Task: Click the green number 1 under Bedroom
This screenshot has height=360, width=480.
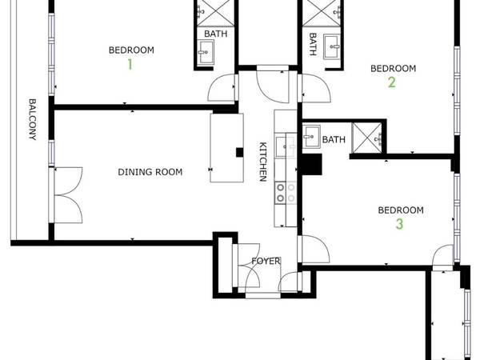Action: click(x=129, y=64)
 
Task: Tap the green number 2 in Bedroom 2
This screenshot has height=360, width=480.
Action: click(x=391, y=82)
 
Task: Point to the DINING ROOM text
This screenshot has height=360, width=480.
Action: click(x=150, y=172)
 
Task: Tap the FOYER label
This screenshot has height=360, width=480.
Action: click(x=265, y=262)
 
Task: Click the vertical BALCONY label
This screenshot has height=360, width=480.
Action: click(x=33, y=120)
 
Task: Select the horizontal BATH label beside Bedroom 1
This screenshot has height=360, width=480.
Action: click(x=214, y=34)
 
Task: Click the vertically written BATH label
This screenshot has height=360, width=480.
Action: click(x=312, y=42)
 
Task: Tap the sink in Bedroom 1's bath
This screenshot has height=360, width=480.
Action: click(x=206, y=54)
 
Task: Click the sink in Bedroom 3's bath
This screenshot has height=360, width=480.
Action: click(x=311, y=135)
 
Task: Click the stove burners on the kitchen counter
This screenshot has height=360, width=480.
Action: click(x=286, y=193)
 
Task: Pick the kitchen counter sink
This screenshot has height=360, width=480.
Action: click(x=284, y=146)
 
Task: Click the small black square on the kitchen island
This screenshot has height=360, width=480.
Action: click(x=238, y=151)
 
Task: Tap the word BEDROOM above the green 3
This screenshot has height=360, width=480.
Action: click(x=400, y=210)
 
